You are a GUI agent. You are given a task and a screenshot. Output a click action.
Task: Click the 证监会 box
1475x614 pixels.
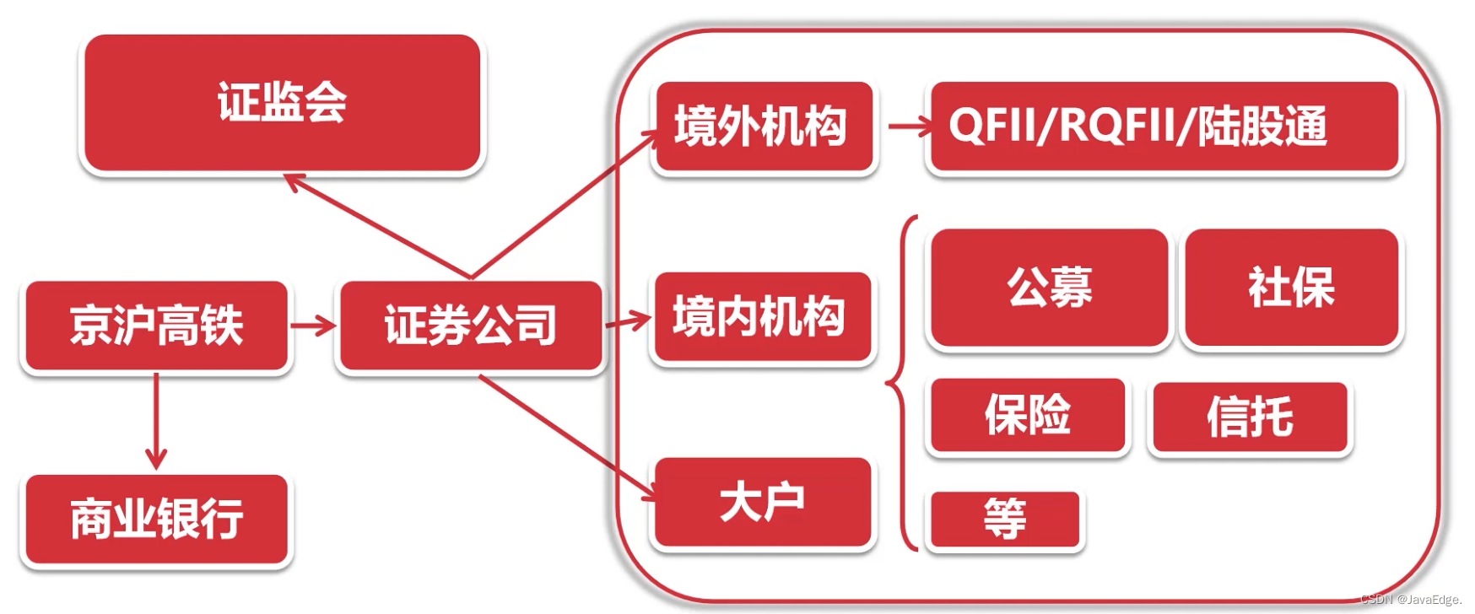[x=282, y=103]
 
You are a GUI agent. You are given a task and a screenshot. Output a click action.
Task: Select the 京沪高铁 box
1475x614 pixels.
[x=156, y=326]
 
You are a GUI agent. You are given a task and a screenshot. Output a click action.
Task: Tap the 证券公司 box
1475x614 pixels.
[x=470, y=326]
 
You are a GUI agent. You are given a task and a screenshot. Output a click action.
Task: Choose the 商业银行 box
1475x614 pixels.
[x=156, y=519]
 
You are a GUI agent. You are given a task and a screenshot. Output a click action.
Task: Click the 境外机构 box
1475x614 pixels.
[x=763, y=127]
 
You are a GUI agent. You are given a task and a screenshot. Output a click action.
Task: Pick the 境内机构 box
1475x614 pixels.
[x=761, y=317]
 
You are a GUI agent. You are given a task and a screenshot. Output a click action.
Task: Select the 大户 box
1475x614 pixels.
[x=762, y=503]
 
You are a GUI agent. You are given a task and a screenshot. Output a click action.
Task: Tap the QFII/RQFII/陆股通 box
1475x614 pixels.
[x=1163, y=127]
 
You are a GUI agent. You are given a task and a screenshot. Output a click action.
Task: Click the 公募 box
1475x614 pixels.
[x=1049, y=288]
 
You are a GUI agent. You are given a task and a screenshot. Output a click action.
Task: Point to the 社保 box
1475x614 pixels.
[x=1291, y=288]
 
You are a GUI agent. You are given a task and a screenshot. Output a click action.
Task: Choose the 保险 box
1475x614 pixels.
[x=1027, y=415]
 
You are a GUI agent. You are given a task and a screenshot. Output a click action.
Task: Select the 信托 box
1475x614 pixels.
[x=1249, y=417]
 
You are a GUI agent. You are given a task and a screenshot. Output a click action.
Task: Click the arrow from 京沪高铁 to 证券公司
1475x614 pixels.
[x=312, y=325]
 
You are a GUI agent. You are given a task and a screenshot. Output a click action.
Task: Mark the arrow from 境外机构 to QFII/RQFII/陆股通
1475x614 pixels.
[x=910, y=127]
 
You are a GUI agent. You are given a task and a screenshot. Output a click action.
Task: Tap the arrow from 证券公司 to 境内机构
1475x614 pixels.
[x=629, y=321]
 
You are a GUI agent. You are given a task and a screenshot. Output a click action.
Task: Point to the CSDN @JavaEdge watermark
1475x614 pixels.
[x=1410, y=600]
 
